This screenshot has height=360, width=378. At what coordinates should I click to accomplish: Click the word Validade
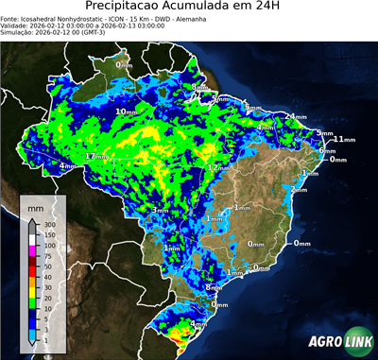16,26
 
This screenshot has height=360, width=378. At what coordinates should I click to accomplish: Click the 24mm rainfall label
296,116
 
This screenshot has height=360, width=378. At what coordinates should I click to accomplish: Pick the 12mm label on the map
215,167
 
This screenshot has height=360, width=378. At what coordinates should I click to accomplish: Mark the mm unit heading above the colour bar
35,206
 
